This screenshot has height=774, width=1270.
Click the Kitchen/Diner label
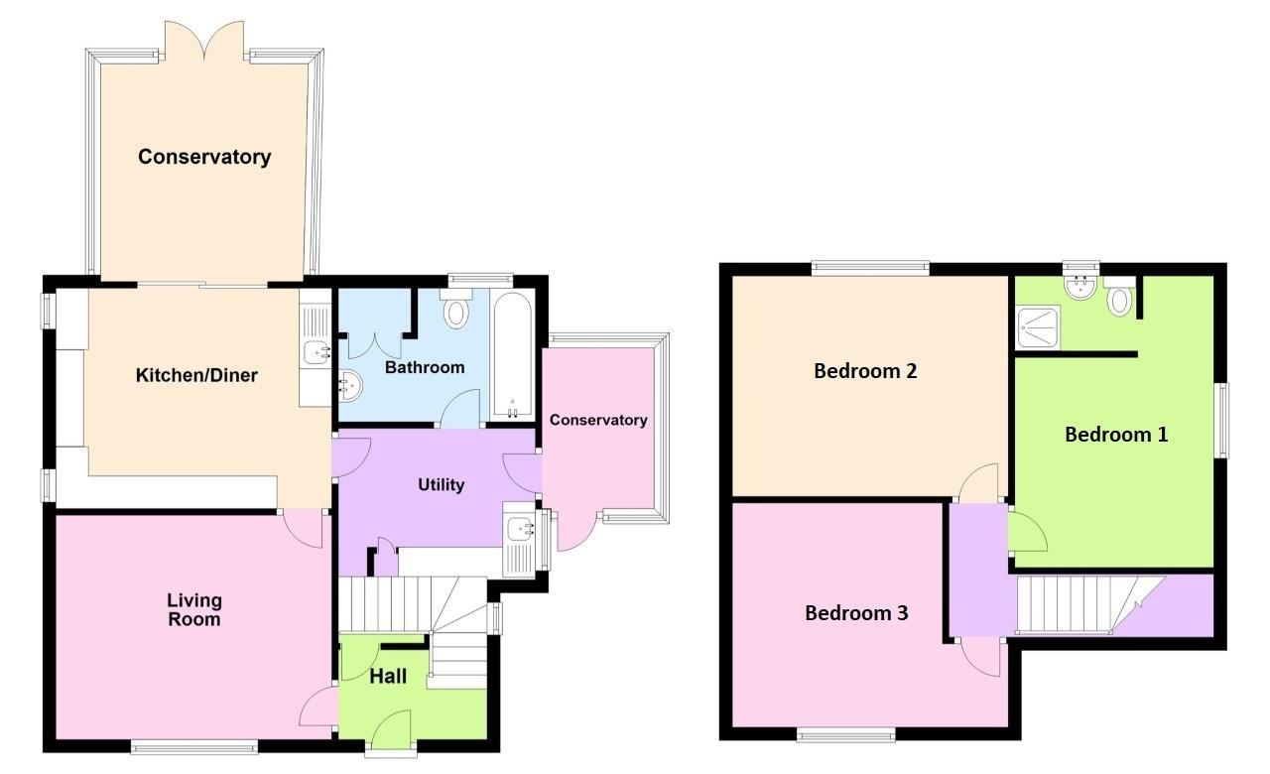click(x=196, y=375)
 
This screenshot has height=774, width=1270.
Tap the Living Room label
click(x=194, y=609)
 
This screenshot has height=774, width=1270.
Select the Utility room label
click(x=441, y=484)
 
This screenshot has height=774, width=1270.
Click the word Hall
click(x=388, y=677)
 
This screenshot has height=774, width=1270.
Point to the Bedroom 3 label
click(x=856, y=613)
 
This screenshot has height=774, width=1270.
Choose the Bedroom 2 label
click(x=865, y=371)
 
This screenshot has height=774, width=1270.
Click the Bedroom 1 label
click(x=1116, y=435)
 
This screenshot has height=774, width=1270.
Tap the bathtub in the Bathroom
click(x=512, y=356)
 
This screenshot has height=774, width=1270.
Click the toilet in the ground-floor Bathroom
click(x=456, y=309)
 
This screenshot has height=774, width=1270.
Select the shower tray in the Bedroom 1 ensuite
click(x=1037, y=327)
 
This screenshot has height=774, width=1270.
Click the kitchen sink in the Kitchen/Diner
click(x=317, y=350)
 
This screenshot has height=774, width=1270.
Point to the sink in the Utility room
click(x=521, y=530)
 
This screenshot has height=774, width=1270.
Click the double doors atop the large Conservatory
click(x=204, y=40)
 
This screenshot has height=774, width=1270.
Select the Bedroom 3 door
click(x=982, y=660)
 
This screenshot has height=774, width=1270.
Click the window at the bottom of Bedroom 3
click(x=846, y=734)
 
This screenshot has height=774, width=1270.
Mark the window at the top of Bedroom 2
click(x=870, y=266)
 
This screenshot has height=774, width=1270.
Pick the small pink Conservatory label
click(x=598, y=420)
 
